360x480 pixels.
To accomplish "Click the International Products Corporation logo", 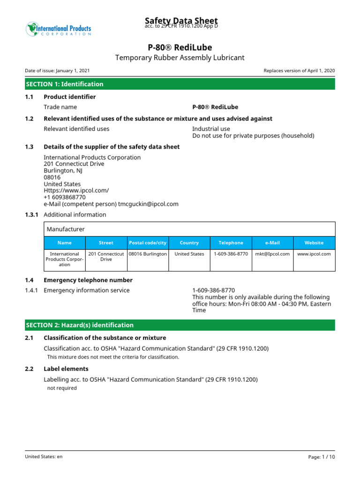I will click(58, 29).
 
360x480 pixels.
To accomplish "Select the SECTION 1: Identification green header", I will click(180, 84).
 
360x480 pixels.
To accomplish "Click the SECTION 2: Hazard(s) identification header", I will click(180, 325).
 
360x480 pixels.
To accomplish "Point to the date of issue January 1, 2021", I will click(57, 71).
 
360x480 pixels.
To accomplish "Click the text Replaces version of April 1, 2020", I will click(299, 71).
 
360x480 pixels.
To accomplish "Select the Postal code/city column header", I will click(148, 243).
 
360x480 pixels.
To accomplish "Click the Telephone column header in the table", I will click(231, 243).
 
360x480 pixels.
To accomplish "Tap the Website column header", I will click(314, 243).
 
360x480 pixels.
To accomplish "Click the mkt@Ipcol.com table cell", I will click(272, 254).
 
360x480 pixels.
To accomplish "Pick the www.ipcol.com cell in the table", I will click(314, 254).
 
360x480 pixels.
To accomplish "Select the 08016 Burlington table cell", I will click(148, 254).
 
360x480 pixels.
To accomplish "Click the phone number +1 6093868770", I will click(65, 197).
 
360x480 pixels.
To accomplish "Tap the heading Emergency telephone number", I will click(88, 280).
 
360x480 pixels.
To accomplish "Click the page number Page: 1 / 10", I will click(322, 457).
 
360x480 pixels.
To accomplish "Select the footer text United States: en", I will click(44, 457).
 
